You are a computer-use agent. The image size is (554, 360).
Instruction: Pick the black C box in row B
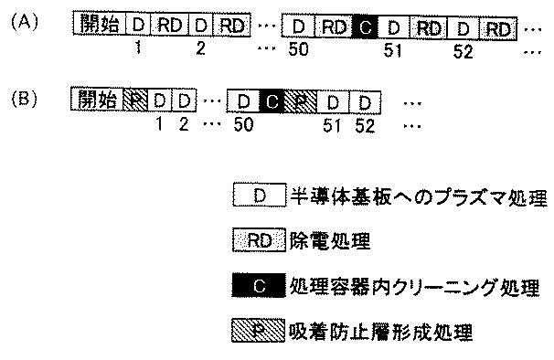point(272,99)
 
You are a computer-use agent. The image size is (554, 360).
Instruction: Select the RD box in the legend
point(259,242)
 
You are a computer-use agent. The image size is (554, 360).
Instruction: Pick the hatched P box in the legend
point(259,328)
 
